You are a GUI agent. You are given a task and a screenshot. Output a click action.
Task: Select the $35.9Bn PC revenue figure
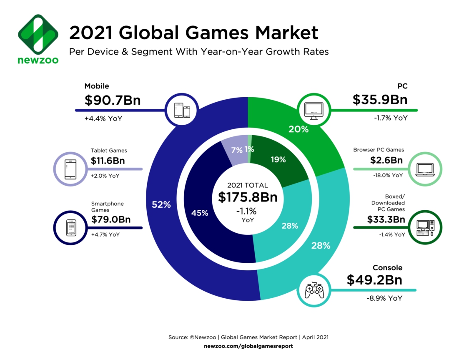pyautogui.click(x=380, y=100)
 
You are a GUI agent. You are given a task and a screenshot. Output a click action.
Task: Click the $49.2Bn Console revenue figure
pyautogui.click(x=374, y=280)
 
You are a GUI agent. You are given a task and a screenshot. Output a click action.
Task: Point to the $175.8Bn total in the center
pyautogui.click(x=248, y=197)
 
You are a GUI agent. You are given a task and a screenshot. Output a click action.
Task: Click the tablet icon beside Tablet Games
pyautogui.click(x=70, y=169)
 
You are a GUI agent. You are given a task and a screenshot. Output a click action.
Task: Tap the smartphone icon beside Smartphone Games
pyautogui.click(x=70, y=228)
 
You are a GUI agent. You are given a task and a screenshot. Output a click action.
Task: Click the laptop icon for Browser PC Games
pyautogui.click(x=426, y=169)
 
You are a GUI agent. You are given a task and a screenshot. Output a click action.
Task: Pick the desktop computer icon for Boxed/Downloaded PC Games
pyautogui.click(x=426, y=227)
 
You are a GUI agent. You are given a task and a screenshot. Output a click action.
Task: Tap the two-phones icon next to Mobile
pyautogui.click(x=181, y=110)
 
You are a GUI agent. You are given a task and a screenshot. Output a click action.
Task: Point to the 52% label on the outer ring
pyautogui.click(x=161, y=204)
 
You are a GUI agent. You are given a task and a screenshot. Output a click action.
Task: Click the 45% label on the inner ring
pyautogui.click(x=200, y=213)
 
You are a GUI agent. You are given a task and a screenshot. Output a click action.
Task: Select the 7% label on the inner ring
pyautogui.click(x=236, y=149)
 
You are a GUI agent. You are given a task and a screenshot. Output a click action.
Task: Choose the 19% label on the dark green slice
pyautogui.click(x=278, y=159)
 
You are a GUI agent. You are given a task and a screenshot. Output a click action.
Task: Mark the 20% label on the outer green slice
pyautogui.click(x=298, y=129)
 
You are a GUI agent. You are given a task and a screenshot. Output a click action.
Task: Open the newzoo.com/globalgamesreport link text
pyautogui.click(x=248, y=346)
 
